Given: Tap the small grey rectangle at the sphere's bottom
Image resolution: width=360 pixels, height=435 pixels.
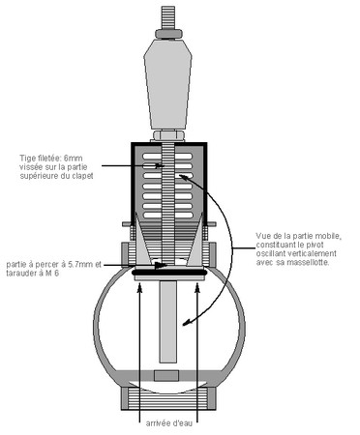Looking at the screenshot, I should (x=166, y=375).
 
